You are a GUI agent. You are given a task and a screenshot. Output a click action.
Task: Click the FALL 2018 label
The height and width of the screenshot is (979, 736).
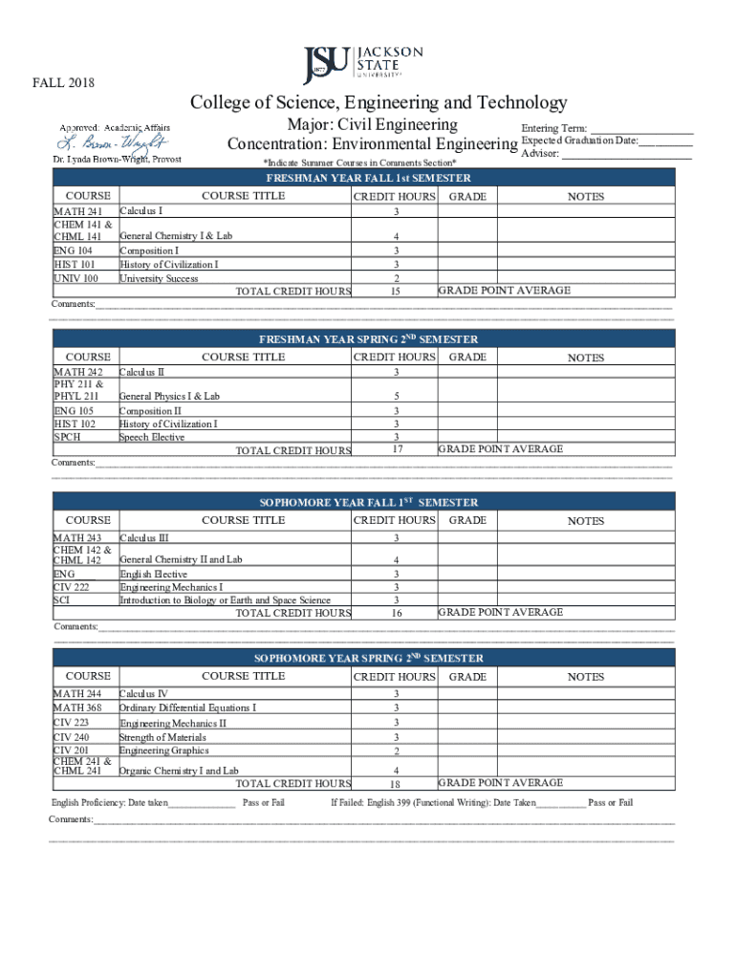(64, 83)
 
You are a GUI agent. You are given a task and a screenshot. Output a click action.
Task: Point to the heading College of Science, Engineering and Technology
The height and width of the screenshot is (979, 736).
(379, 102)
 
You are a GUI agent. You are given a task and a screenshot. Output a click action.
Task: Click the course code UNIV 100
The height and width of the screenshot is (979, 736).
(76, 279)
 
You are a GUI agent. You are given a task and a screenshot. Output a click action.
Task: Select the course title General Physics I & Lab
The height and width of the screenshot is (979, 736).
(169, 396)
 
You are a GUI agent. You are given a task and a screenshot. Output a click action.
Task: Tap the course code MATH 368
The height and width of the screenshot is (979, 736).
(77, 707)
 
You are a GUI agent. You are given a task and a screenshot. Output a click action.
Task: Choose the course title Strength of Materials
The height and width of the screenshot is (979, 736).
(162, 737)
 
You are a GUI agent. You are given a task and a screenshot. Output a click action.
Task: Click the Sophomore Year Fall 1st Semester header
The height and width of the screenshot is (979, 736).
(368, 502)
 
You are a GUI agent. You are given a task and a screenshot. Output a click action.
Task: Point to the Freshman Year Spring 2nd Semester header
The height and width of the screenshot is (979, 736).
(368, 339)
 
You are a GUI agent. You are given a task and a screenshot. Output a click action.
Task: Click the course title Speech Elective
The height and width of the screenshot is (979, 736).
(152, 438)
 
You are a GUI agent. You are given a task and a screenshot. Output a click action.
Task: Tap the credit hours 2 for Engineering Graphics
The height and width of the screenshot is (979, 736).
(395, 751)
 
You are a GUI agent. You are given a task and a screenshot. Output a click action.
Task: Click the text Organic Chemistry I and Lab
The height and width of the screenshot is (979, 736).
(179, 770)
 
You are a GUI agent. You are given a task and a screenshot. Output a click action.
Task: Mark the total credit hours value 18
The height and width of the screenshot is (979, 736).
(395, 783)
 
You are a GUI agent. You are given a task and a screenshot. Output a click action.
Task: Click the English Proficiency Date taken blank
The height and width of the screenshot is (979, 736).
(202, 803)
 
